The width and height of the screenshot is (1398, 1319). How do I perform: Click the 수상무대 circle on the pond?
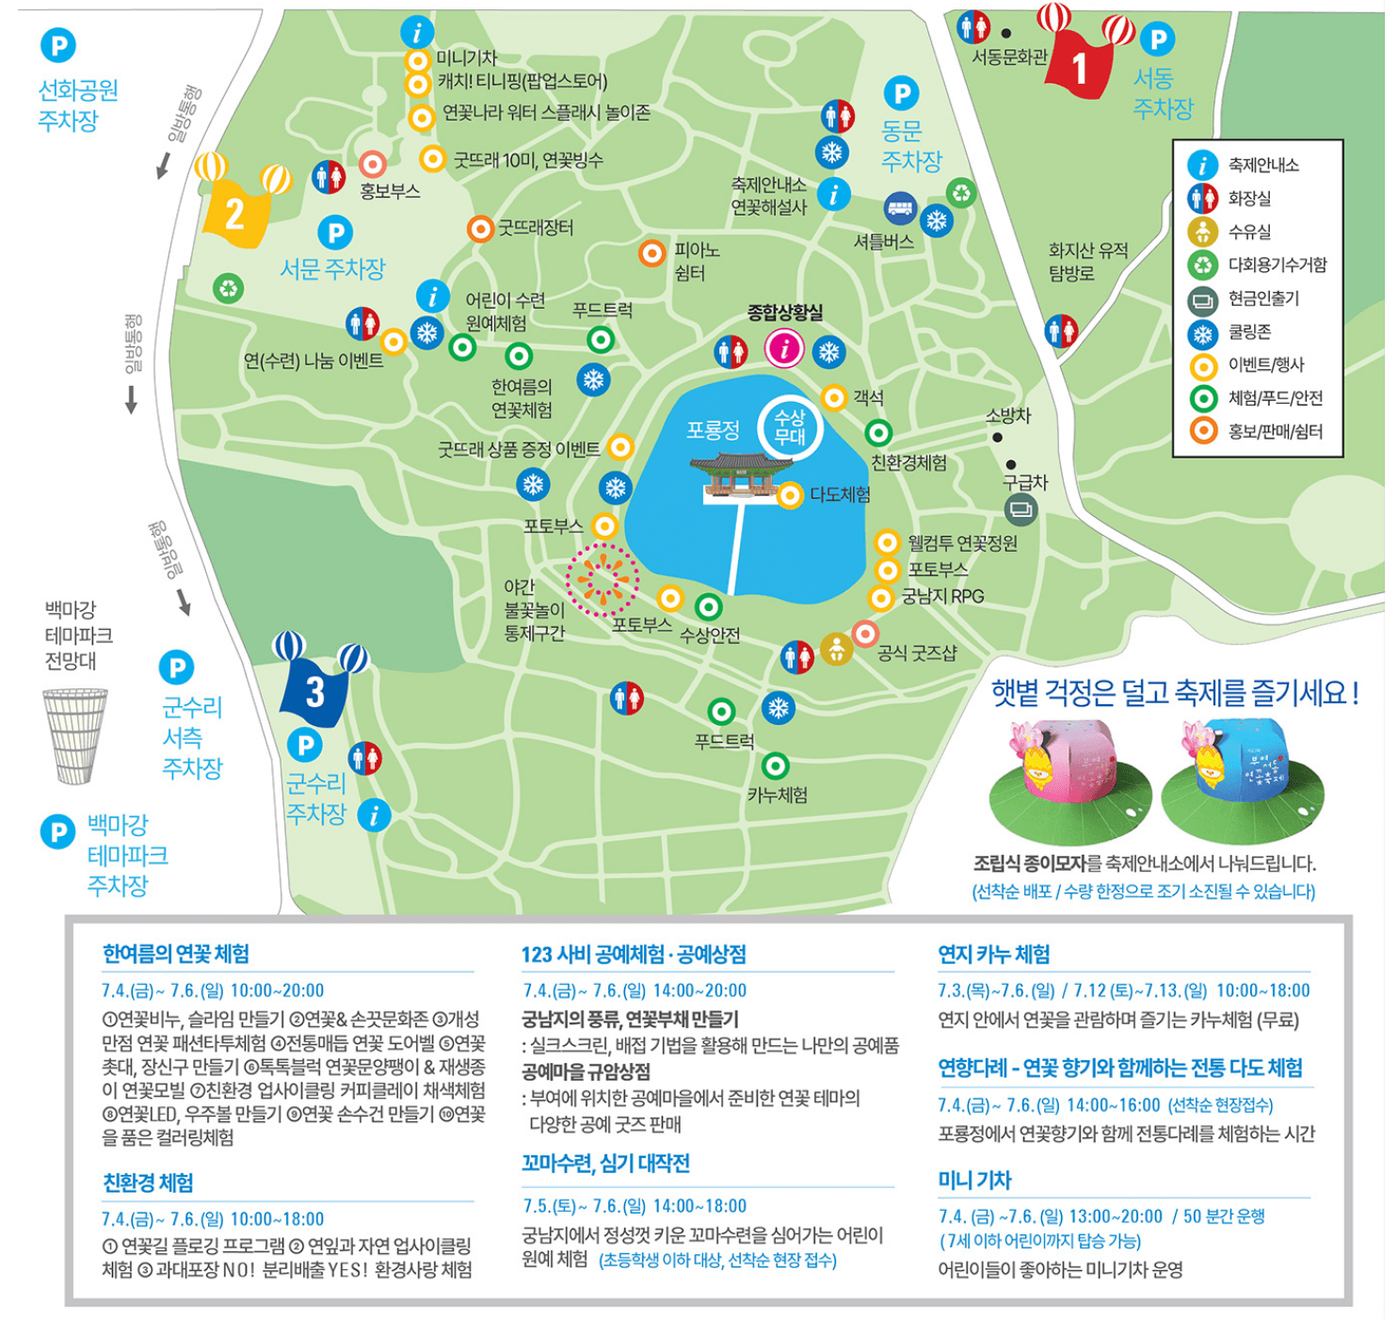click(x=789, y=427)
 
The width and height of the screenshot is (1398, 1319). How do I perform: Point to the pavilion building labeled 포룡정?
click(x=740, y=474)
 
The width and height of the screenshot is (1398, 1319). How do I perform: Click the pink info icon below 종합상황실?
click(x=783, y=348)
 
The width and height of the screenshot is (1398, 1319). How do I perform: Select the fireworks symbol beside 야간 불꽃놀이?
click(x=603, y=578)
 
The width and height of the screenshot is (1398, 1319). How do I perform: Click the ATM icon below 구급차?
click(x=1020, y=510)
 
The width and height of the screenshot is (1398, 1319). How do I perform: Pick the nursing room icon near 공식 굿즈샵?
click(x=836, y=649)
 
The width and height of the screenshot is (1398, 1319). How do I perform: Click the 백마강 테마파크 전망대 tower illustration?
click(x=75, y=735)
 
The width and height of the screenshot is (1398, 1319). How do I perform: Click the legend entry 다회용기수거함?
click(x=1277, y=265)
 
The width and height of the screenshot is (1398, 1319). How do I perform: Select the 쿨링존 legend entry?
click(x=1249, y=331)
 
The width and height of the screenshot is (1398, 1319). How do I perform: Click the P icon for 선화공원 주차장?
click(x=58, y=45)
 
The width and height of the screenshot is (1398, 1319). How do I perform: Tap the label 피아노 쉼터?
click(x=696, y=262)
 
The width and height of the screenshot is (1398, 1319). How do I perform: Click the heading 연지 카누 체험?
click(x=993, y=954)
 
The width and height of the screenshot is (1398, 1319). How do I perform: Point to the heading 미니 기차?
click(x=974, y=1180)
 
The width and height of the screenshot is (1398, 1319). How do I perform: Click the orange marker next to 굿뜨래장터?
click(x=480, y=228)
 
